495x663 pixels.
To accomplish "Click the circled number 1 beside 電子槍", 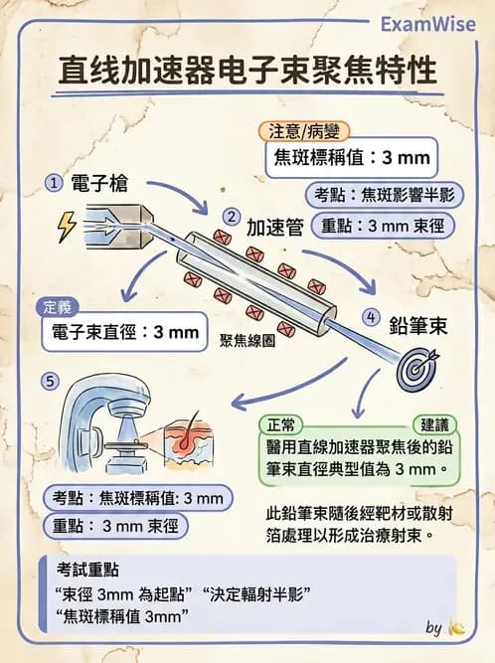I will (x=54, y=184).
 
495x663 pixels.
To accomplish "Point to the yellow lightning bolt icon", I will (x=67, y=228).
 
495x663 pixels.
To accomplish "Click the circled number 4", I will (x=372, y=318).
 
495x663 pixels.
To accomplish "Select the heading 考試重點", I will (x=87, y=571).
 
